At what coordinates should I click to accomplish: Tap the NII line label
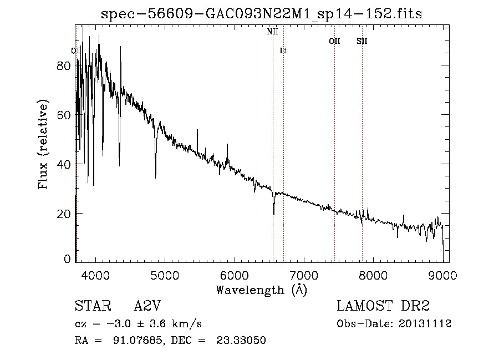[272, 32]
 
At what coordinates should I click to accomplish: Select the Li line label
[283, 50]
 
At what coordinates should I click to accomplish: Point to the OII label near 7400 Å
[334, 41]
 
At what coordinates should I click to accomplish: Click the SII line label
[362, 41]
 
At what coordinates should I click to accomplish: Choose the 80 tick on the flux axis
[64, 65]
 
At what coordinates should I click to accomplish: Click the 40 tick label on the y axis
[64, 164]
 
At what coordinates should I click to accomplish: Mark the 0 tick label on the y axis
[68, 259]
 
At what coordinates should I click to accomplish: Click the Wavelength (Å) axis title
[261, 290]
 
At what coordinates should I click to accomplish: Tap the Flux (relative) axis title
[43, 144]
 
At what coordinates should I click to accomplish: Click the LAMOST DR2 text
[383, 306]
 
